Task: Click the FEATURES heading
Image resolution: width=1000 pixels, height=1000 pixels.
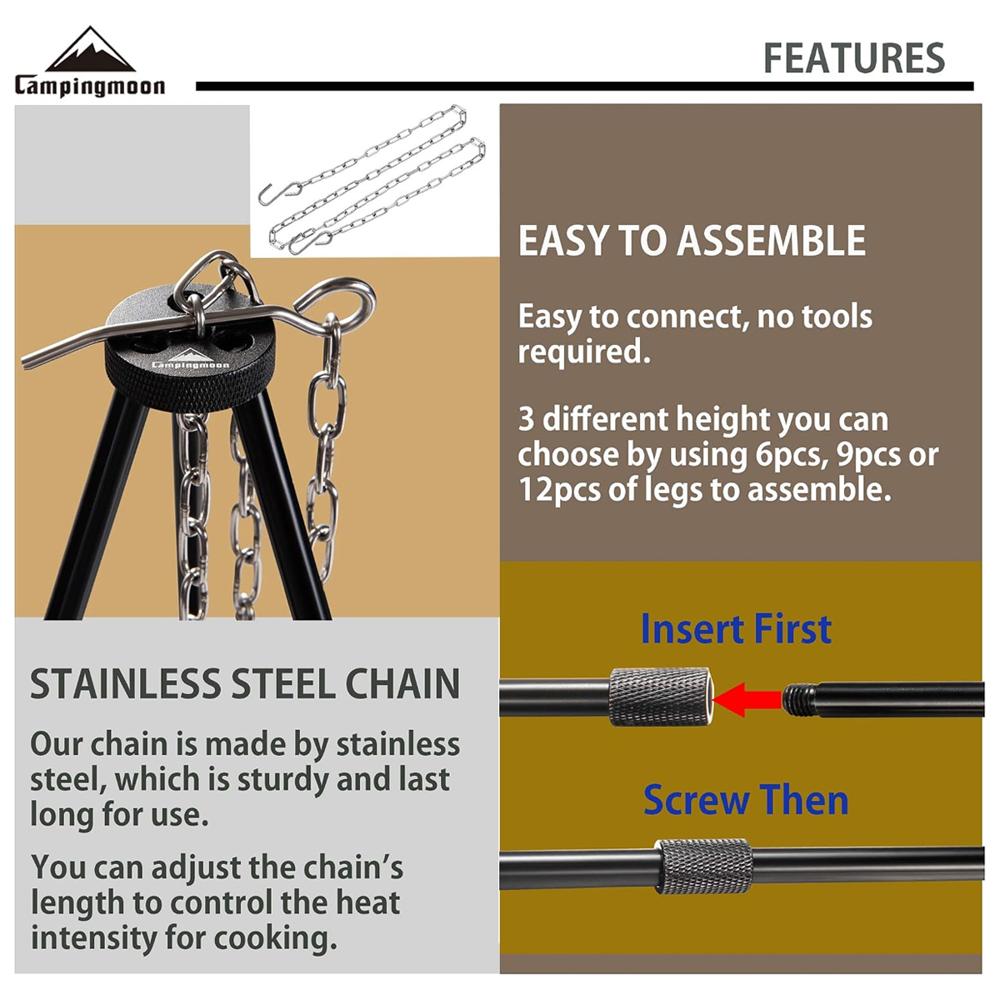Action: click(854, 58)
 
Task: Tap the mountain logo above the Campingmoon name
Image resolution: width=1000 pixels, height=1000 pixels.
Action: click(90, 49)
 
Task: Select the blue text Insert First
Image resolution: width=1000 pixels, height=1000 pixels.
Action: click(736, 628)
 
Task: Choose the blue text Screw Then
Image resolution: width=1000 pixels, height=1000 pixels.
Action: click(746, 800)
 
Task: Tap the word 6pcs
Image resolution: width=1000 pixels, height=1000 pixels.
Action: click(789, 455)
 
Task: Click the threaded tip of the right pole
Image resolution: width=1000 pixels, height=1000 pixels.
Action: click(799, 700)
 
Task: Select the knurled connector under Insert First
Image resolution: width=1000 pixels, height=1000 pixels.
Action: click(659, 697)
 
